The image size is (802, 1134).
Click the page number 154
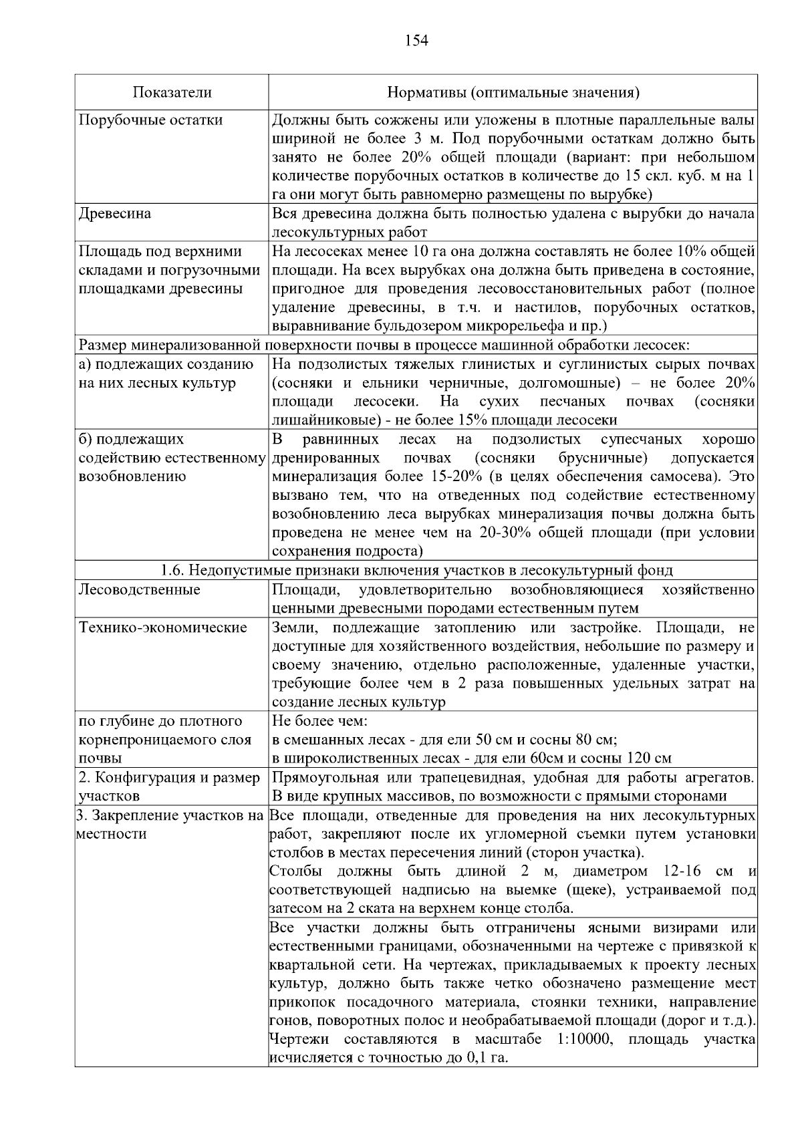click(416, 41)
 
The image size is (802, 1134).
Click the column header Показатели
click(172, 92)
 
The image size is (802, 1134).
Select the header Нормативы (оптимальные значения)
click(513, 92)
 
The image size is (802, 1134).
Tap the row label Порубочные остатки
click(151, 120)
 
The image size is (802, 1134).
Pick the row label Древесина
click(115, 214)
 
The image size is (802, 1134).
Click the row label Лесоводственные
click(140, 590)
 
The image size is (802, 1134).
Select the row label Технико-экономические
click(163, 627)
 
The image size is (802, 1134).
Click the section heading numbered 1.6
click(416, 571)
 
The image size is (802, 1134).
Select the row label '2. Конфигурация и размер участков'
click(169, 787)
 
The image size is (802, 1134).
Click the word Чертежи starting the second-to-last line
click(299, 1040)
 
